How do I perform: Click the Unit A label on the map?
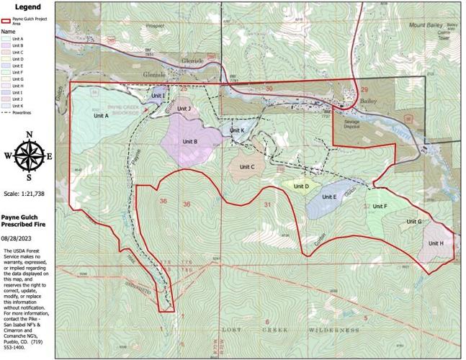101,115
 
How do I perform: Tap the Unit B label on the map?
190,141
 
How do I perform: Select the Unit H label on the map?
436,243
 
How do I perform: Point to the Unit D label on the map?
302,186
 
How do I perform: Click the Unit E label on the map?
330,197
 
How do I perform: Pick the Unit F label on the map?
380,207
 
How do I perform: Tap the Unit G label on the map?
413,222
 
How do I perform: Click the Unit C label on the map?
248,167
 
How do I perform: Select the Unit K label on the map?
238,130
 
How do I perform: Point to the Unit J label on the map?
184,109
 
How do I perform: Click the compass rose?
29,156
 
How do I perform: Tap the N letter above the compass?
29,135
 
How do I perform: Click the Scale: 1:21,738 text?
29,194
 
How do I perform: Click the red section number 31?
268,205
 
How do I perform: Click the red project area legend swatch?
8,19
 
